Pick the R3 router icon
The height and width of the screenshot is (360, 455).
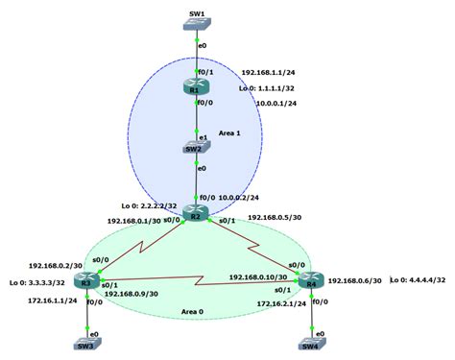click(x=85, y=280)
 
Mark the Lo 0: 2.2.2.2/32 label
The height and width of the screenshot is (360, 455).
click(x=144, y=205)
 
